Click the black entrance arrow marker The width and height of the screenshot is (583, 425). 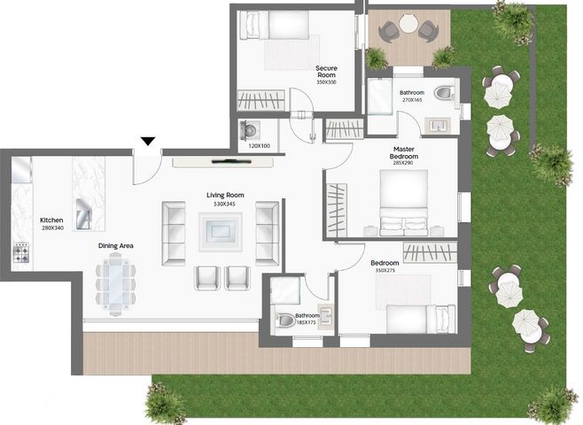click(x=148, y=141)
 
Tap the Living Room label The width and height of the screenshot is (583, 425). click(x=225, y=195)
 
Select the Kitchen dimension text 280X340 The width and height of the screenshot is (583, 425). click(x=53, y=228)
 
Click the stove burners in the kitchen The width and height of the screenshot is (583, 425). click(x=21, y=253)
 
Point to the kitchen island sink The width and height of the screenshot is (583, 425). click(x=83, y=214)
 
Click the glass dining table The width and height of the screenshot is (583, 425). click(x=115, y=284)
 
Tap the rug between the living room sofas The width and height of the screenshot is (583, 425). click(x=221, y=232)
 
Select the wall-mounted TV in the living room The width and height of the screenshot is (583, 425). click(x=231, y=161)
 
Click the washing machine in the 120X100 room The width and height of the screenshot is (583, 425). click(x=250, y=130)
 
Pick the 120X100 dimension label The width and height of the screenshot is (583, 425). click(x=259, y=146)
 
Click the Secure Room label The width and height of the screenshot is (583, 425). click(x=326, y=72)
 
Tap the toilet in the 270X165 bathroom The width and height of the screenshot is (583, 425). click(x=444, y=93)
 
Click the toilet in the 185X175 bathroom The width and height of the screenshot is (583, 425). click(x=285, y=320)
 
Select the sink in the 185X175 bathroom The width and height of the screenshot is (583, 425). click(x=325, y=315)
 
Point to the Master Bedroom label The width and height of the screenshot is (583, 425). click(x=404, y=152)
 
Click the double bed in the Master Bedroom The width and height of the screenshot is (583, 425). click(x=404, y=203)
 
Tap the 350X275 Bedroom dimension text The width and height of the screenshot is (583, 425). click(x=385, y=270)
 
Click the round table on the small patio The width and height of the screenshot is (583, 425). click(x=408, y=24)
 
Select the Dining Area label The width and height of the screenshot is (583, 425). click(x=116, y=245)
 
